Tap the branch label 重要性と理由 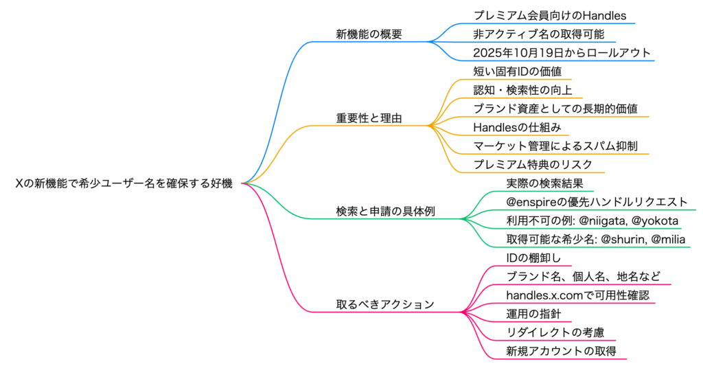click(x=369, y=118)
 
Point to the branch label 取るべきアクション click(x=384, y=304)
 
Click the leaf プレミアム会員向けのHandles click(x=550, y=14)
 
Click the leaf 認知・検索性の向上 click(x=518, y=89)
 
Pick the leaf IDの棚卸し click(x=533, y=258)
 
